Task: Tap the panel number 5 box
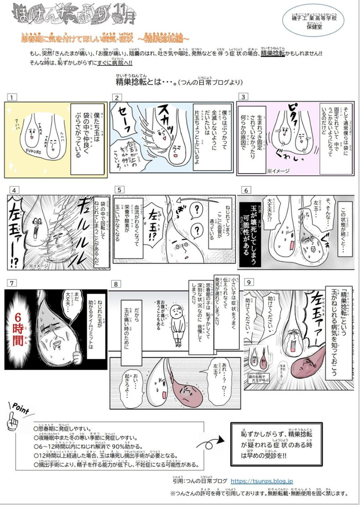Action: click(120, 190)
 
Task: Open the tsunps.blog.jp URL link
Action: click(265, 481)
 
